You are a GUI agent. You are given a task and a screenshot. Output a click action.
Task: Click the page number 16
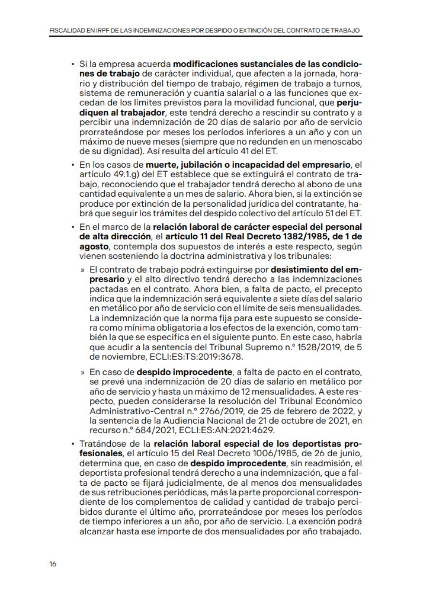click(53, 564)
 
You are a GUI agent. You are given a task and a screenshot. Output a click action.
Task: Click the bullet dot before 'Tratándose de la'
click(72, 444)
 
